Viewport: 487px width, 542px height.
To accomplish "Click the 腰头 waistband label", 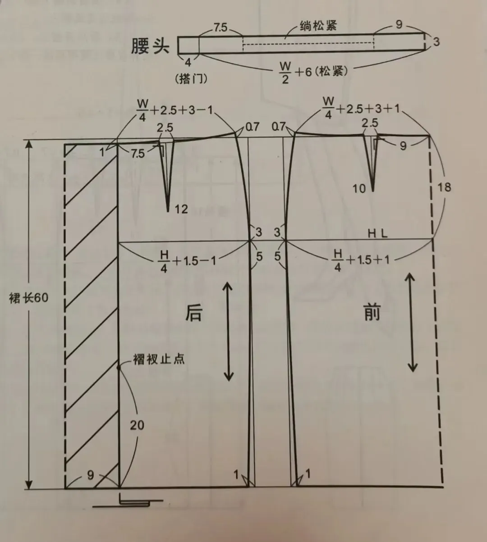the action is (150, 46).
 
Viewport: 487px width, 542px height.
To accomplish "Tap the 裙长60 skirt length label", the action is (28, 298).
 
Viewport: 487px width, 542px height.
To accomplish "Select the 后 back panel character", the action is (194, 313).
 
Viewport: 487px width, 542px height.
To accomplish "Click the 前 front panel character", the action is (372, 312).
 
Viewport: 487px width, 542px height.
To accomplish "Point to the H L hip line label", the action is (378, 233).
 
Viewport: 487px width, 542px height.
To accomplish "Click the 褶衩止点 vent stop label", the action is (159, 359).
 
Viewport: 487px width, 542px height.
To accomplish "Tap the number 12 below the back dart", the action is (181, 209).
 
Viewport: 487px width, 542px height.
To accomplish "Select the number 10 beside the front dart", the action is (359, 188).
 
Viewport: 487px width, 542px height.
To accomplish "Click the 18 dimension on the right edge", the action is (444, 187).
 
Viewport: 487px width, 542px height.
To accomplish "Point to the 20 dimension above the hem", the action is (137, 424).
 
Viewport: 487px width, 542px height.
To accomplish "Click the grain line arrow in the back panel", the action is (229, 331).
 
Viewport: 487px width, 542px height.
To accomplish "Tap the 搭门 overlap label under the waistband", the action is (191, 79).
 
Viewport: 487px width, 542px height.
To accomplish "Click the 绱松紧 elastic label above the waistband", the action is (318, 26).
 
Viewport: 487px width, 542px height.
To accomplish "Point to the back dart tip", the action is (168, 210).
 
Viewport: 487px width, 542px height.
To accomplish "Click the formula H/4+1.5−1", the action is (188, 261).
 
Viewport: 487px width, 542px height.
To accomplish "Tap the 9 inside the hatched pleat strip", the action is (91, 475).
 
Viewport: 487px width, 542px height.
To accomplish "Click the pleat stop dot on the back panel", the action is (119, 368).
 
